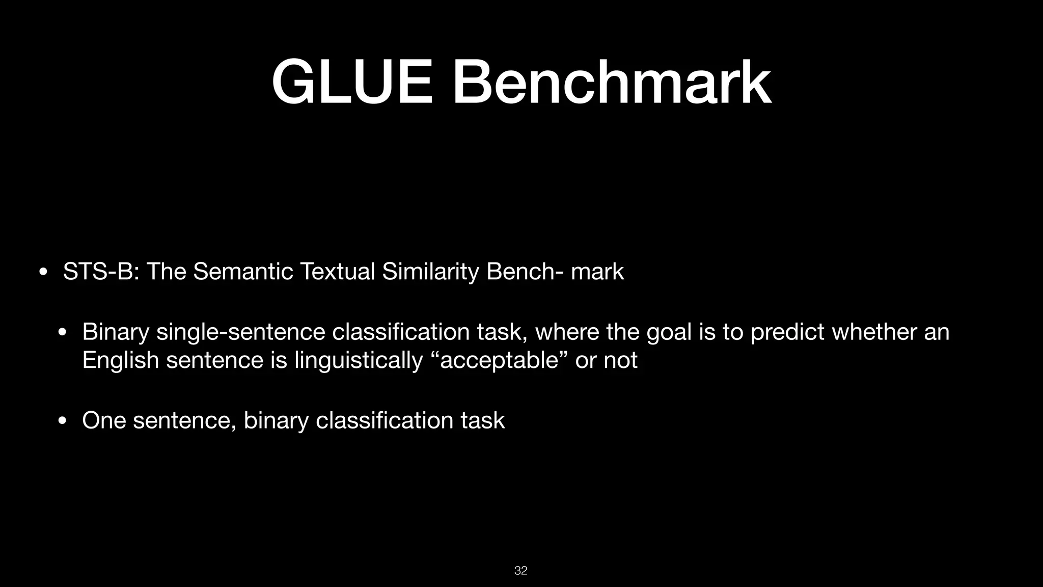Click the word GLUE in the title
352,83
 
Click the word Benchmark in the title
612,83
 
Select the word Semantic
243,271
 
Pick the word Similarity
430,271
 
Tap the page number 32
520,571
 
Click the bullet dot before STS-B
43,272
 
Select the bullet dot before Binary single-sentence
63,332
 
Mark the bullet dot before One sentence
63,421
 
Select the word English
120,361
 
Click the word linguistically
359,361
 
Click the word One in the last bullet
104,421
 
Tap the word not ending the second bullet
620,361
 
